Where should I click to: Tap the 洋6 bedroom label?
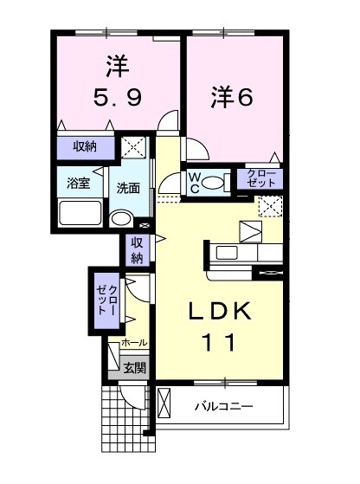coord(232,99)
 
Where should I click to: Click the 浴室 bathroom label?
coord(80,183)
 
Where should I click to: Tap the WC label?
coord(196,182)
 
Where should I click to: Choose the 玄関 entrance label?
coord(134,368)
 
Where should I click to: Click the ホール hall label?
coord(134,343)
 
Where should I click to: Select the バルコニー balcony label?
coord(223,405)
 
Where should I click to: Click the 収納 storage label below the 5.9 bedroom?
coord(84,146)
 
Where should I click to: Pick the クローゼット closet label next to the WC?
coord(259,179)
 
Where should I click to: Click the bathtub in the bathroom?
coord(80,211)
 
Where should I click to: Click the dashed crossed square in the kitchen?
coord(270,206)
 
